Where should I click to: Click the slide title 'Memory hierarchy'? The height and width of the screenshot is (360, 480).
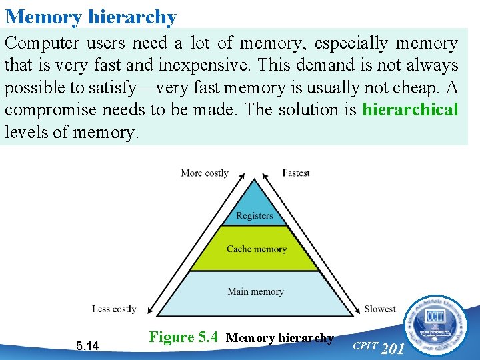point(91,16)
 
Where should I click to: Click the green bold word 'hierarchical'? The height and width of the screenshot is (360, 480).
point(410,109)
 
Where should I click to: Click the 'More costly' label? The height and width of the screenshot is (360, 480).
point(205,173)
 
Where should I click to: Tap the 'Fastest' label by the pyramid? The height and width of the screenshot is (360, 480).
point(295,173)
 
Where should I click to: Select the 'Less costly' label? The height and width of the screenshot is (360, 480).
point(114,309)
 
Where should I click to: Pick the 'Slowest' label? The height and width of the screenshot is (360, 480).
point(380,309)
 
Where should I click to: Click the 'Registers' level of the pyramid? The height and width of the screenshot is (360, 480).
point(254,215)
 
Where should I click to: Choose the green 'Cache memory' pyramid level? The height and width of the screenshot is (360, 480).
point(256,249)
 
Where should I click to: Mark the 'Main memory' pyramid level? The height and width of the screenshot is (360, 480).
point(255,291)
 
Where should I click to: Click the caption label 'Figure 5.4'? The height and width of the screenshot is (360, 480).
point(183,337)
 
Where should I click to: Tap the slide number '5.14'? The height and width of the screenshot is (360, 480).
point(87,345)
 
